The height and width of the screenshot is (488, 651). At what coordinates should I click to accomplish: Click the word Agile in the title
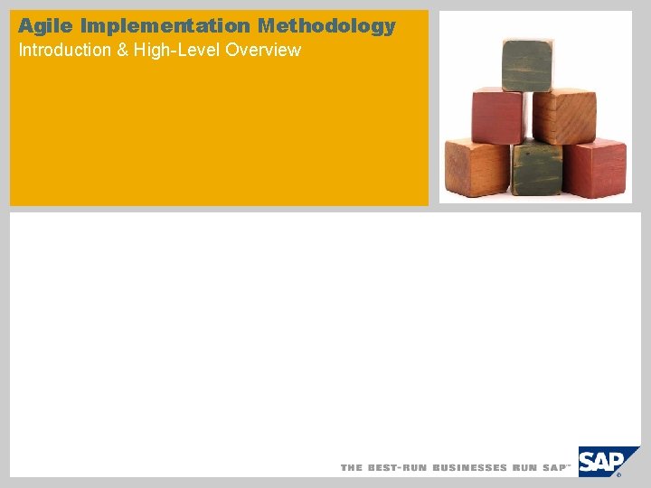point(46,26)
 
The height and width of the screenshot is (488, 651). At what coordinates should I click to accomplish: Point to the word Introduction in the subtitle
point(62,50)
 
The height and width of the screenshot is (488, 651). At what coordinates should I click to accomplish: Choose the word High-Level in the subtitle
point(176,50)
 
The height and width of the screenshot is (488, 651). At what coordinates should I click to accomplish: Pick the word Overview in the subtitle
point(263,50)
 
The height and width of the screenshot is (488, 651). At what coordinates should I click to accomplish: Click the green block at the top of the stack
point(527,64)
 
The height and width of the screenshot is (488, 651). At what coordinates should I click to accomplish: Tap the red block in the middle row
point(496,115)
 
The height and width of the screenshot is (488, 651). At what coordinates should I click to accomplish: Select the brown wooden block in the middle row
point(563,115)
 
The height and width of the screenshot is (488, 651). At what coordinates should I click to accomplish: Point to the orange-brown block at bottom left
point(476,168)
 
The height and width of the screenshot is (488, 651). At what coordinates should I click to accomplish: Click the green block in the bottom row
point(536,169)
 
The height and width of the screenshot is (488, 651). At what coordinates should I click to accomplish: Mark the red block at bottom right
point(595,168)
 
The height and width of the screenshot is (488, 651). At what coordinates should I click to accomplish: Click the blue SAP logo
point(602,461)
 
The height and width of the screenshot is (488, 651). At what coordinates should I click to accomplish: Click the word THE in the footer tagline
point(351,468)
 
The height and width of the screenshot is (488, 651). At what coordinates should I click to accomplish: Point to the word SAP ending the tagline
point(554,468)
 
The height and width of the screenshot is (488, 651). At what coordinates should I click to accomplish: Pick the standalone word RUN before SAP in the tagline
point(525,468)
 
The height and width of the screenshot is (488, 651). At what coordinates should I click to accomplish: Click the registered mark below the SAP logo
point(619,474)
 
